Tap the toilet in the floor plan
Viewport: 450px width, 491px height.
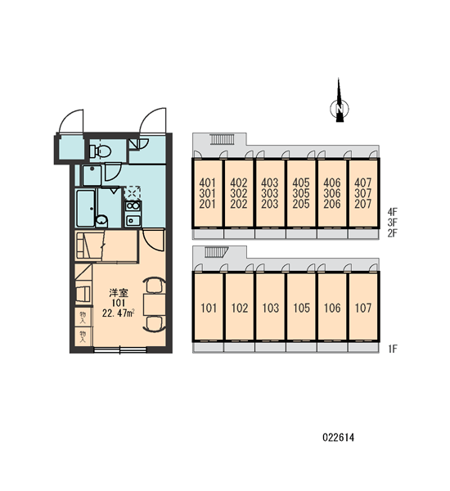100,151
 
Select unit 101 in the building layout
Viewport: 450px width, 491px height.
209,306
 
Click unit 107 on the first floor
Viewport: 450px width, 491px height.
363,306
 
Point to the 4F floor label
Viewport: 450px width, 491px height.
393,212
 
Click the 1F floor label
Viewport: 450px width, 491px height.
393,349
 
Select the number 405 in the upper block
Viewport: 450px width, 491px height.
301,182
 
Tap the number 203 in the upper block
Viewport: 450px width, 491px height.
270,204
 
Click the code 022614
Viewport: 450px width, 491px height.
339,438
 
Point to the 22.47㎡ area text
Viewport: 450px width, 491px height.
118,313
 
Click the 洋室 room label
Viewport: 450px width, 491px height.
119,293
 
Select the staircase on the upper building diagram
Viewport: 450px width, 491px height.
222,139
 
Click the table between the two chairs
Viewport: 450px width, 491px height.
154,304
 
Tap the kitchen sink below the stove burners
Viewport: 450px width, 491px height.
133,220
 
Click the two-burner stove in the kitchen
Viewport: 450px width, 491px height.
133,205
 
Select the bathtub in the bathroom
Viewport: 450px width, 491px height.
85,208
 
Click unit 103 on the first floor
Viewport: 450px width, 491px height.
270,306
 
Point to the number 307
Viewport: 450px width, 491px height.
363,193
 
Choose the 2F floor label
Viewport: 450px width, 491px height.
393,233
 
